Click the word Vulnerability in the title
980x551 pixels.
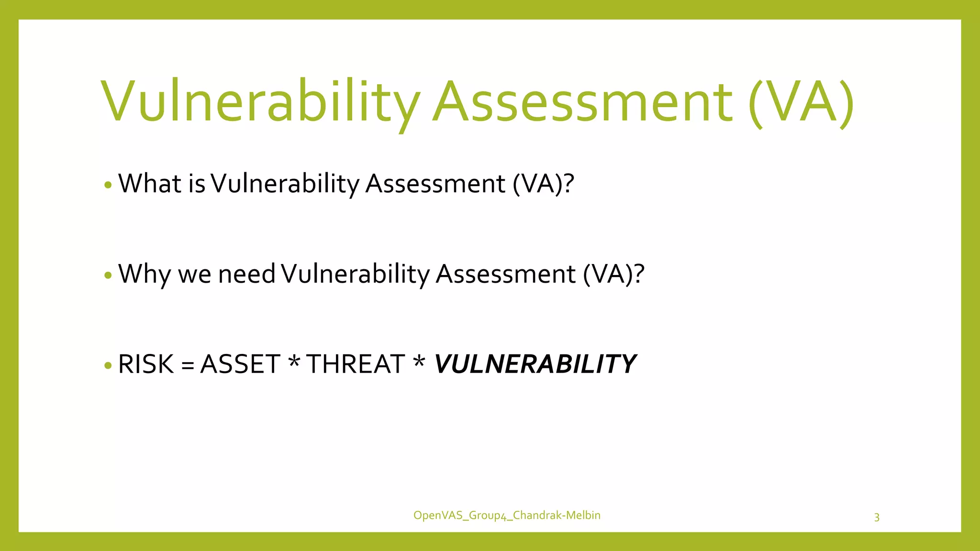coord(261,101)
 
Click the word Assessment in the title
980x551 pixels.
coord(582,101)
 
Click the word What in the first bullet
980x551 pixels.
coord(150,183)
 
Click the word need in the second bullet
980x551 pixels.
coord(246,274)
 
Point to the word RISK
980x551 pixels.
coord(146,364)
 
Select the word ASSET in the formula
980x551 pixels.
coord(240,364)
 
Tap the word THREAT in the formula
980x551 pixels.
coord(356,364)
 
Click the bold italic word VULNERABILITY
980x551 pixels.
coord(535,364)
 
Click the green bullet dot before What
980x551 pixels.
coord(108,185)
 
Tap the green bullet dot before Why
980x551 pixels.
coord(108,275)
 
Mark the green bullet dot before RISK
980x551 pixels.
coord(108,366)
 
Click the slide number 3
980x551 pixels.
coord(877,517)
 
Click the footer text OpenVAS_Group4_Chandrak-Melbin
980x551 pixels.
coord(507,515)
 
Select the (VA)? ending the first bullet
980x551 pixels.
coord(543,184)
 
